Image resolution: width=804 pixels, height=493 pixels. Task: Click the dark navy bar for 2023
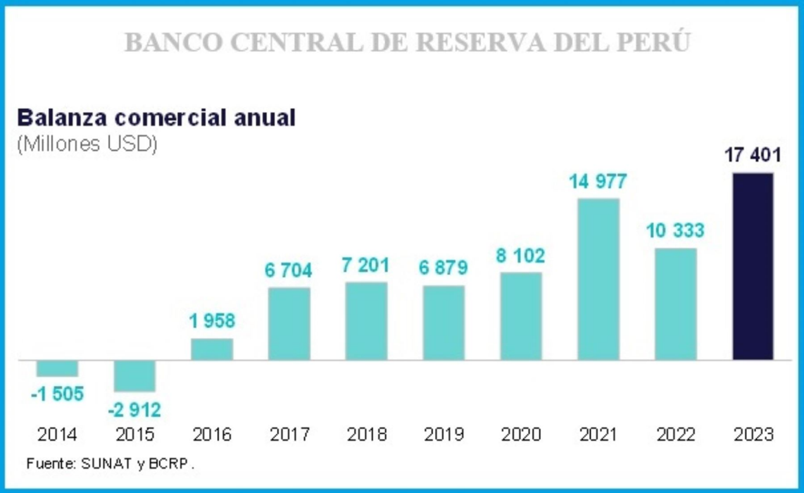[x=753, y=266]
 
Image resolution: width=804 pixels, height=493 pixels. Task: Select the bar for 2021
[x=598, y=279]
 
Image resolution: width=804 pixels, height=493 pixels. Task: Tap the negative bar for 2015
[x=134, y=376]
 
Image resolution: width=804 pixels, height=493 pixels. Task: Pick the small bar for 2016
[x=212, y=349]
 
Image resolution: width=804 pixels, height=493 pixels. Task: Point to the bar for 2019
[x=444, y=323]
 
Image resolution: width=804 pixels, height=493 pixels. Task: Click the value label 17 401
[x=753, y=155]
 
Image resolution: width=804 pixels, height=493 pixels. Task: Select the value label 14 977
[x=598, y=182]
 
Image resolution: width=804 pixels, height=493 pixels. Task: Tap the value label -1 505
[x=57, y=394]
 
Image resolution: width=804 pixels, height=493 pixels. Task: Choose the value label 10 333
[x=675, y=231]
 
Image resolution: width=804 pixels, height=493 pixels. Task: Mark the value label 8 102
[x=521, y=256]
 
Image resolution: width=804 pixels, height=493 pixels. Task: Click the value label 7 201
[x=365, y=265]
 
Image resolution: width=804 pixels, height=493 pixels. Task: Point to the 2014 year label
[x=57, y=435]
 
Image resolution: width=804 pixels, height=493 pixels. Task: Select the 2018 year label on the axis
[x=367, y=435]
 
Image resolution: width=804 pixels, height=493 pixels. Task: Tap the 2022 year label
[x=676, y=435]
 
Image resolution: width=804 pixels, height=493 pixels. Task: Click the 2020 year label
[x=521, y=435]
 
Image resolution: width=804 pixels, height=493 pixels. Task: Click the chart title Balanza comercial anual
[x=156, y=118]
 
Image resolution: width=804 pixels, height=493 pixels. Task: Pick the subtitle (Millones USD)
[x=87, y=145]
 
